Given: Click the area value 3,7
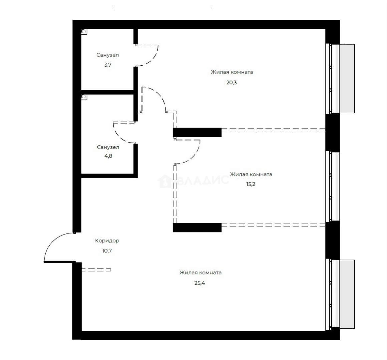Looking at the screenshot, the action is point(108,65).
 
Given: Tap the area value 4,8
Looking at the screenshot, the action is point(108,156).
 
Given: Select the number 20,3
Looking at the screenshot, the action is point(232,83).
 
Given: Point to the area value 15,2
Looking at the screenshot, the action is point(251,184).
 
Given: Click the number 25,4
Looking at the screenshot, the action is point(200,283).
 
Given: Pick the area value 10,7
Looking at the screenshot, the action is point(107,251).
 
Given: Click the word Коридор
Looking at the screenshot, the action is point(107,241).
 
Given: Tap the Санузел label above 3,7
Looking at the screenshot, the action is point(108,55).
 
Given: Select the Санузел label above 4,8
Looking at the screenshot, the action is point(108,147).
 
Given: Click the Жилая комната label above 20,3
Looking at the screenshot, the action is point(232,72).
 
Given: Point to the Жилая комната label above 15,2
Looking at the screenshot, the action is point(251,174).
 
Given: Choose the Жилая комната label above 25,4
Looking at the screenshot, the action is point(201,273).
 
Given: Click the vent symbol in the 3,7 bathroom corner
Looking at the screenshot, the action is point(84,32).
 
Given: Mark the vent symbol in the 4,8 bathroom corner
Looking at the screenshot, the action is point(84,97).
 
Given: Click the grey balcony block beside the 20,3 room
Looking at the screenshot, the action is point(347,79).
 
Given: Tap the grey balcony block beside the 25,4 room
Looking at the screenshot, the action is point(347,294).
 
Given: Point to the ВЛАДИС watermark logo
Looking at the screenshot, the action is point(193,181).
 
